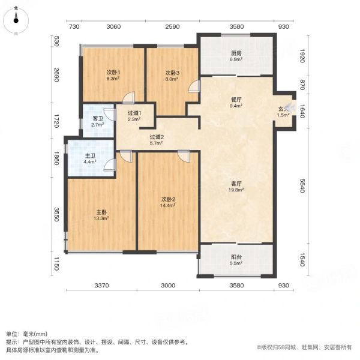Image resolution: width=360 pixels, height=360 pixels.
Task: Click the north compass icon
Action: [16, 21]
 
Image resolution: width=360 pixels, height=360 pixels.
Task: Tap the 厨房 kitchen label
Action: [236, 53]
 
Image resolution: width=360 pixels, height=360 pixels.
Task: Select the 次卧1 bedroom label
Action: [113, 73]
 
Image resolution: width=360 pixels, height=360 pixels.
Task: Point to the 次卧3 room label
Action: [172, 73]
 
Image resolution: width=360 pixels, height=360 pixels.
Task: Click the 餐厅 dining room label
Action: [236, 100]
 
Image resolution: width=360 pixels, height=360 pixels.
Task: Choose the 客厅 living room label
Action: [236, 184]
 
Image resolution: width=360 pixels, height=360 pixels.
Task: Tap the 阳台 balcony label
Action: [236, 257]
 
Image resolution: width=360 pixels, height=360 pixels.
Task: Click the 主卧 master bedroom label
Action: [101, 212]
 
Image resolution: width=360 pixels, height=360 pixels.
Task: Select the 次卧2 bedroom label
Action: [168, 199]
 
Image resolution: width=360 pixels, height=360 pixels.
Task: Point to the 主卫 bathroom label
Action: [90, 156]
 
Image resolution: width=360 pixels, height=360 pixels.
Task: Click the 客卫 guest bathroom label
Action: [98, 119]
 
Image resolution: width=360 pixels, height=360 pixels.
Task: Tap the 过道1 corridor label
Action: [134, 113]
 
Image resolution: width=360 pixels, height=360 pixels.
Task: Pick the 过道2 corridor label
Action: [157, 137]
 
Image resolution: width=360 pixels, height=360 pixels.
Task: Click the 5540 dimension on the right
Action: [302, 186]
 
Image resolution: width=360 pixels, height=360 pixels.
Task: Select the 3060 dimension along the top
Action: [113, 26]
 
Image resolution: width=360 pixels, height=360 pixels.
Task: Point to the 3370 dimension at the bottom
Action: [102, 286]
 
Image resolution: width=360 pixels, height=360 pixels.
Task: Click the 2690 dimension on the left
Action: [56, 75]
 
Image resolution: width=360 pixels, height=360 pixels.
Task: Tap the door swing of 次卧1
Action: [128, 97]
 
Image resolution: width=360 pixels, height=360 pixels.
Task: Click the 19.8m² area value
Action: [236, 190]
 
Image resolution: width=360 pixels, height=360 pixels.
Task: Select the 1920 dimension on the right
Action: [302, 56]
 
